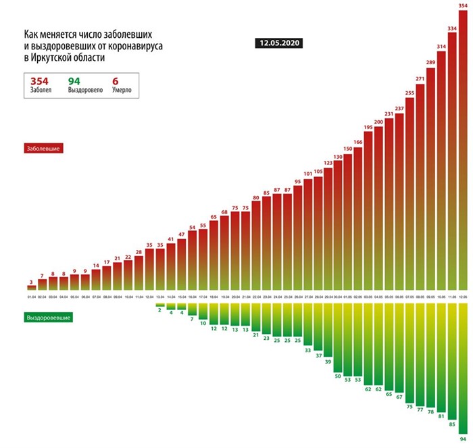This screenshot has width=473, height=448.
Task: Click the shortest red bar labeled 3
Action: (x=31, y=289)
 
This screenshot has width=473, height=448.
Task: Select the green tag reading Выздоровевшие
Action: (x=49, y=316)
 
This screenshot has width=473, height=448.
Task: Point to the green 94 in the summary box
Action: (x=74, y=80)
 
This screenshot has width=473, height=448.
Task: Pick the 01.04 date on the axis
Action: (x=31, y=297)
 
